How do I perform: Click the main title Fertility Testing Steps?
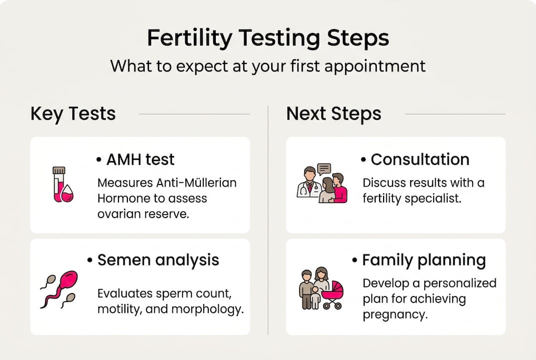pos(268,38)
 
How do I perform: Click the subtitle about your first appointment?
pos(268,66)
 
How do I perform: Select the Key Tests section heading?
pos(73,114)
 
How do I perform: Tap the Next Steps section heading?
pos(334,114)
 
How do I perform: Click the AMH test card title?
pos(140,159)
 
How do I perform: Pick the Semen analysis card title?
pos(158,260)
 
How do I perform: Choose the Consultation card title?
pos(420,159)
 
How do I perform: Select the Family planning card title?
pos(424,260)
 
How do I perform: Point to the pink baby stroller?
pos(332,295)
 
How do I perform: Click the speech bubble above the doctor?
pos(324,169)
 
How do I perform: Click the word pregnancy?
pos(395,315)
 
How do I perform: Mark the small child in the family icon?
pos(315,299)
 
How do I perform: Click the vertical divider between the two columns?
pos(268,220)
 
